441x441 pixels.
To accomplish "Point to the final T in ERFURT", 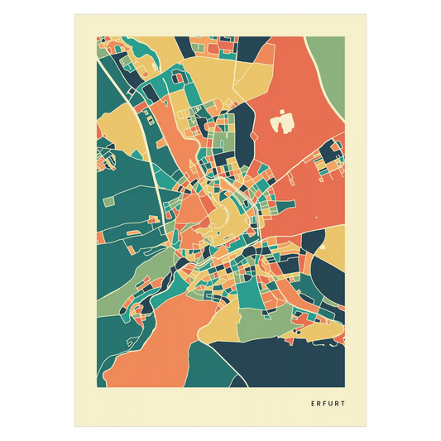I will click(343, 405).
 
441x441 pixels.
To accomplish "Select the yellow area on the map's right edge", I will click(335, 244).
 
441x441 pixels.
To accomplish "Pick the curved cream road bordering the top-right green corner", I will click(325, 91).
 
